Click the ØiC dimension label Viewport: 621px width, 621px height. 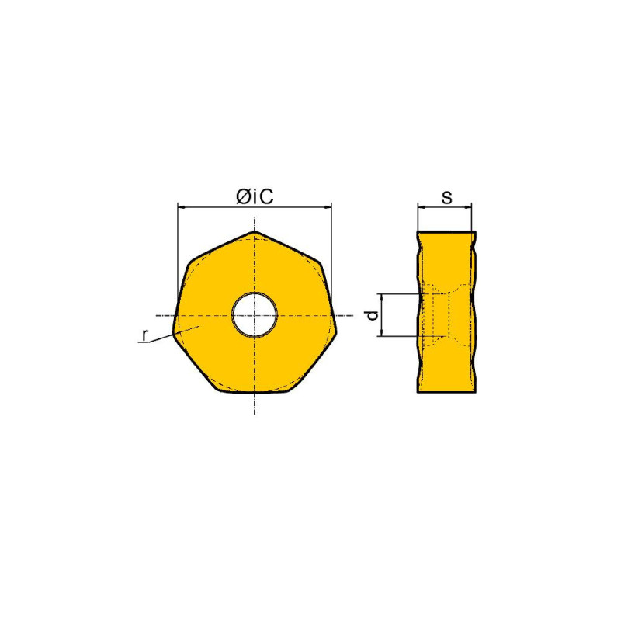[255, 197]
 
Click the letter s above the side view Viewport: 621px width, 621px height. [446, 197]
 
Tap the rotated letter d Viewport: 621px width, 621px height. [372, 315]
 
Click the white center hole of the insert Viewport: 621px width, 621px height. [255, 314]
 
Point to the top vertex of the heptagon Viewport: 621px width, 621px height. [255, 231]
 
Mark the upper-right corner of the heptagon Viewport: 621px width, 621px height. [318, 262]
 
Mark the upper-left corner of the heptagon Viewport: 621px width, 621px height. [190, 262]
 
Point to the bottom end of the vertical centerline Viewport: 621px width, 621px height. [255, 411]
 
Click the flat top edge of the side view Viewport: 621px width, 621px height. [445, 231]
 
